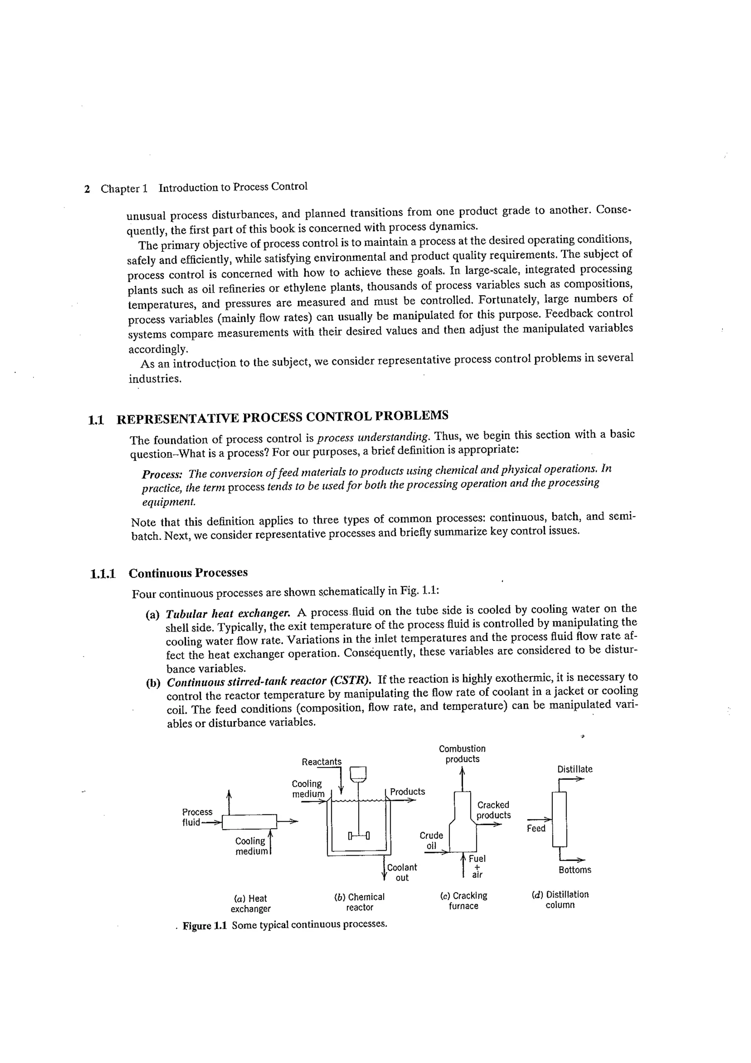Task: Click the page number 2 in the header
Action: [x=87, y=189]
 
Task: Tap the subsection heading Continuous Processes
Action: [x=188, y=573]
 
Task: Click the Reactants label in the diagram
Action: [x=322, y=762]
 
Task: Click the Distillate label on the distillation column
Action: [x=574, y=769]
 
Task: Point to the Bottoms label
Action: [x=574, y=870]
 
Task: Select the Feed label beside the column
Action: [x=536, y=828]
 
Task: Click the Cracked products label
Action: [x=493, y=810]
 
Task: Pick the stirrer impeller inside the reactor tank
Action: [x=359, y=836]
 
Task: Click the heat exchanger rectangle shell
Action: [x=249, y=822]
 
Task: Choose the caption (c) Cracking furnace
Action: [x=463, y=901]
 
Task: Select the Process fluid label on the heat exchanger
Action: [x=197, y=817]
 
